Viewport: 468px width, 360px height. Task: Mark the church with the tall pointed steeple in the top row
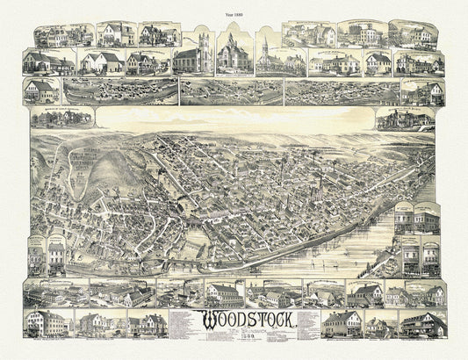click(264, 55)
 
